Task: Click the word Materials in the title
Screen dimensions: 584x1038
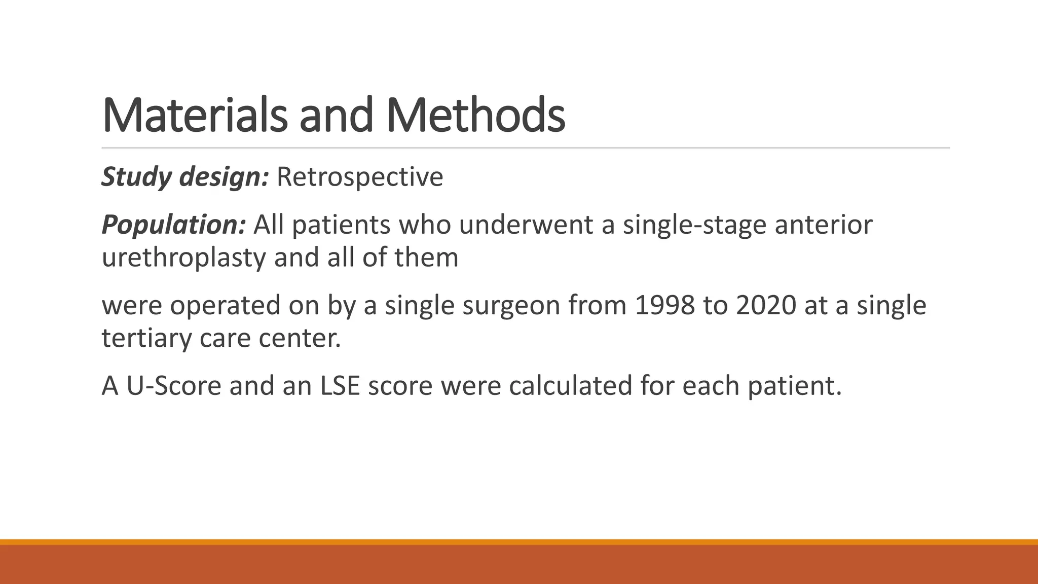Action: (195, 116)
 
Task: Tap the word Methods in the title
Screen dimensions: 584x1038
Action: (475, 116)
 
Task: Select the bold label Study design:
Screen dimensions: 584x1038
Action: (185, 177)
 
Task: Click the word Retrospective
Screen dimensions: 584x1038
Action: (360, 177)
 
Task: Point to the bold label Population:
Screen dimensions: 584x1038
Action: (174, 225)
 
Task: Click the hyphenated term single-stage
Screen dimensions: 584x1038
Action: (694, 225)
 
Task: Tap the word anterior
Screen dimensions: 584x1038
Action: (823, 225)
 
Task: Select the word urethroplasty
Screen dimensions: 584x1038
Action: (183, 258)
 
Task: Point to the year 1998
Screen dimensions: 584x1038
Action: (664, 305)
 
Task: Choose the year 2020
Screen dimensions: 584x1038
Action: (765, 305)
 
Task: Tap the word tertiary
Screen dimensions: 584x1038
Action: (146, 338)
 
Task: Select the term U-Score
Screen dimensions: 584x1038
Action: (173, 385)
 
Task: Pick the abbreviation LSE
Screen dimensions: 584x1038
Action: (340, 385)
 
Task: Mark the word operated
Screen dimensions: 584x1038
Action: (225, 305)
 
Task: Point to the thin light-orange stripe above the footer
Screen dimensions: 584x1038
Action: (519, 542)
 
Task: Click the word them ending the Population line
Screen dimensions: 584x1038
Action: (426, 258)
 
